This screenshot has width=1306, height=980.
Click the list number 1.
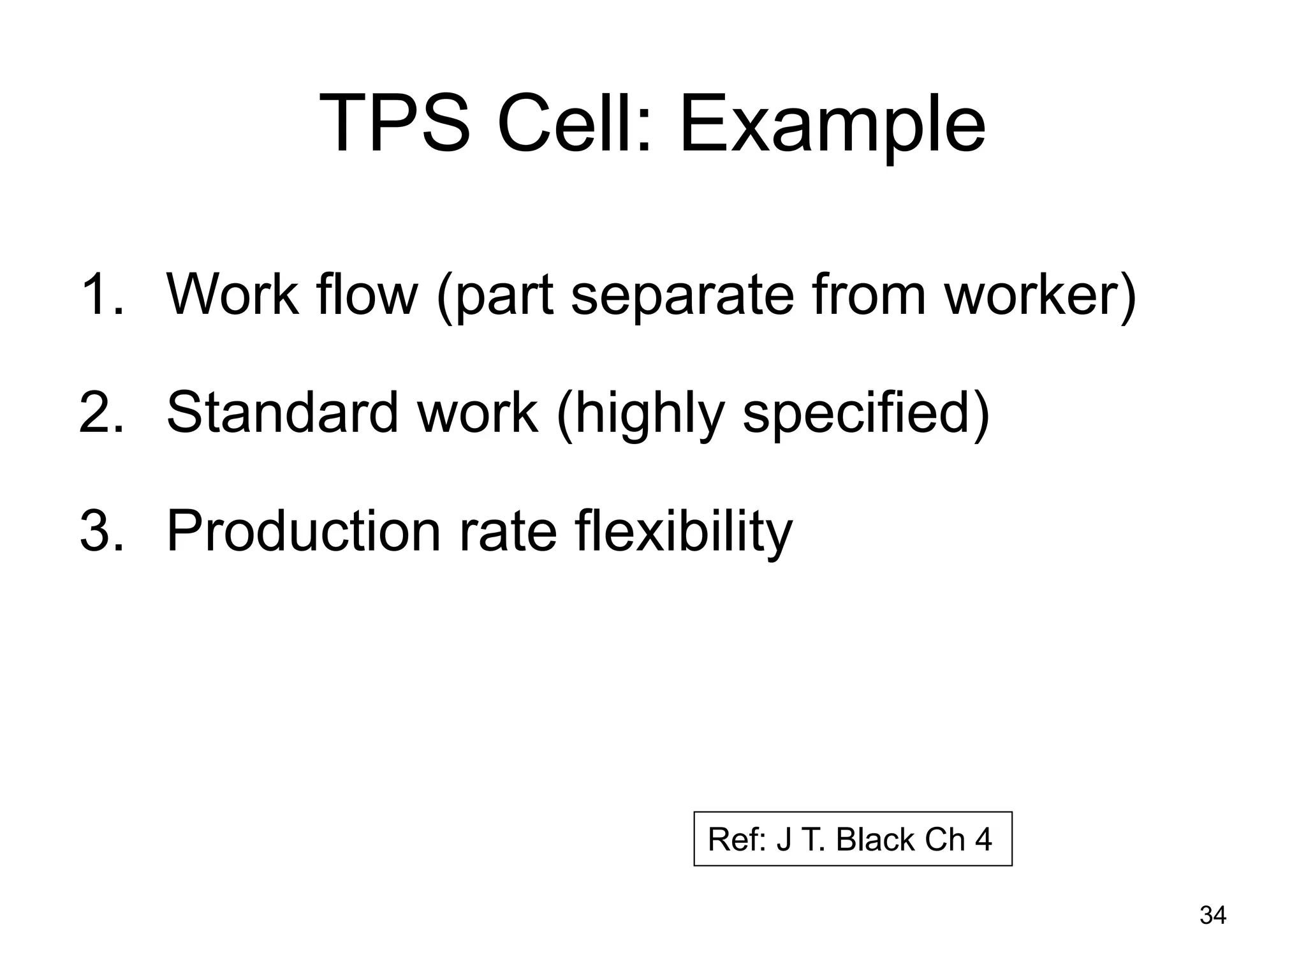click(x=100, y=294)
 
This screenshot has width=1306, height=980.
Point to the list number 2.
click(x=100, y=413)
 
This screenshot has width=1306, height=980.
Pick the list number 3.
click(x=100, y=531)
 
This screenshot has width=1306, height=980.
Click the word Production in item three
click(x=304, y=531)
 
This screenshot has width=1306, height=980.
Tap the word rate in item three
click(x=508, y=532)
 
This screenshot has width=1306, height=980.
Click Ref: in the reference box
click(x=737, y=840)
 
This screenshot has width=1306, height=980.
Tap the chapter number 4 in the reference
click(x=983, y=840)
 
